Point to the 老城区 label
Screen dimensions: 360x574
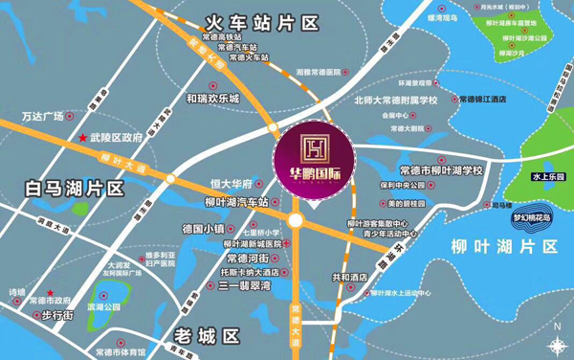click(206, 335)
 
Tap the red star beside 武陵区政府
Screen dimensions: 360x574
click(82, 139)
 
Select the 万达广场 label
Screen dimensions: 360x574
click(42, 116)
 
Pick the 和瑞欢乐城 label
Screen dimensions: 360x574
click(212, 98)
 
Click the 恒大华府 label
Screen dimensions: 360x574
click(231, 184)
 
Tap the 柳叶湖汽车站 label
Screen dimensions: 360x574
click(236, 202)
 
